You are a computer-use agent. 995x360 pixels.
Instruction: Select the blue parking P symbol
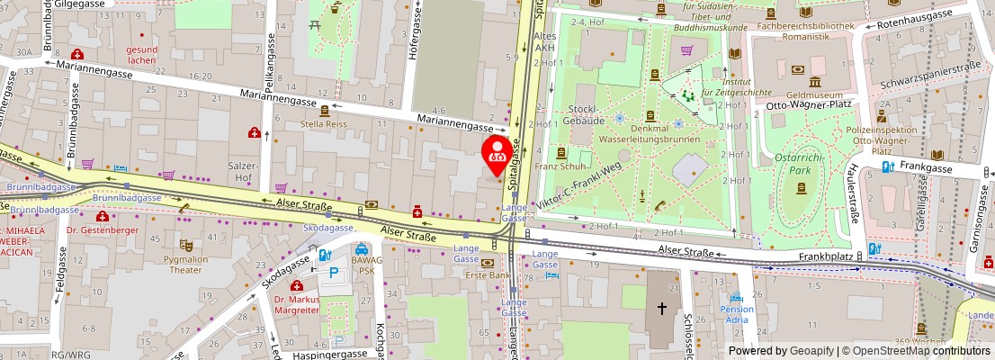click(335, 272)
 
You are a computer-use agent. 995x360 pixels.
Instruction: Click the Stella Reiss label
click(324, 124)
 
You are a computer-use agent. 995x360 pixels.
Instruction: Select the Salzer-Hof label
click(243, 172)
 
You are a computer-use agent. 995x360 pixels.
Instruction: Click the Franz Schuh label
click(560, 166)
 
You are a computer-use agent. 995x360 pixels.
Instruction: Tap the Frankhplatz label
click(825, 256)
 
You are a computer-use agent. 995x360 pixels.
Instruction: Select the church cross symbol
click(662, 308)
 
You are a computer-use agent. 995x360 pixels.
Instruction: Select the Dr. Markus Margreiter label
click(297, 304)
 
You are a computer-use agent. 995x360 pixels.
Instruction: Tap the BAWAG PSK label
click(365, 263)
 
